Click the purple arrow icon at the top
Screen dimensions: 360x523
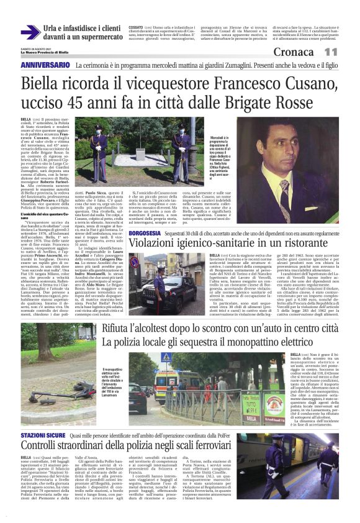click(x=30, y=32)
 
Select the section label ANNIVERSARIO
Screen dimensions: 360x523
click(x=45, y=65)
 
